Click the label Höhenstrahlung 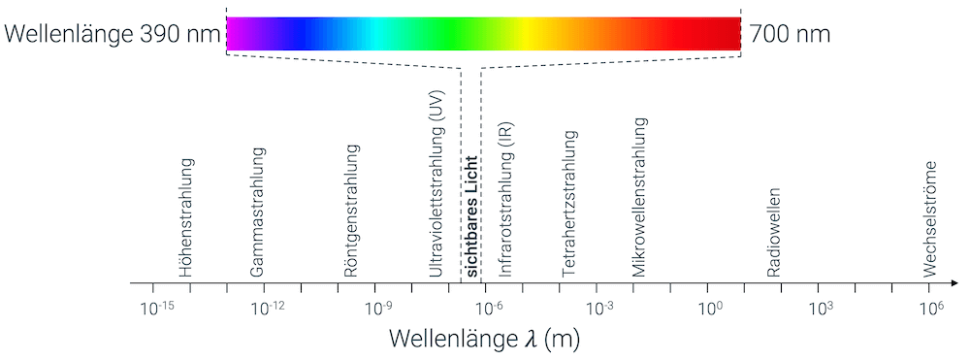pyautogui.click(x=187, y=218)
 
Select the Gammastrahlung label pyautogui.click(x=257, y=213)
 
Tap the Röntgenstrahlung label pyautogui.click(x=351, y=211)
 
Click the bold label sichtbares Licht pyautogui.click(x=473, y=216)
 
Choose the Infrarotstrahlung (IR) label pyautogui.click(x=504, y=201)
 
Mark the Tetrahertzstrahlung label pyautogui.click(x=569, y=204)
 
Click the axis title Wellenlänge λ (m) pyautogui.click(x=485, y=340)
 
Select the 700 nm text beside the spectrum pyautogui.click(x=789, y=34)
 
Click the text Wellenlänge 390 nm pyautogui.click(x=112, y=34)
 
